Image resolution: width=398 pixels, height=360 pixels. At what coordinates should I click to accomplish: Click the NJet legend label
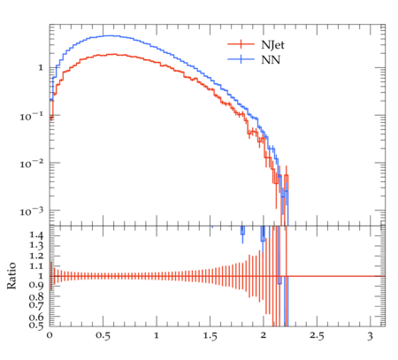[x=272, y=45]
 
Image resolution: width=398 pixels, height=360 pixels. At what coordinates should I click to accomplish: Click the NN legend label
[x=271, y=60]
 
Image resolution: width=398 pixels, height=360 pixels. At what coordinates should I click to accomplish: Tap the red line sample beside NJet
[x=241, y=44]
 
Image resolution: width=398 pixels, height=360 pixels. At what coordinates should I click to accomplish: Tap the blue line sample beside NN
[x=241, y=59]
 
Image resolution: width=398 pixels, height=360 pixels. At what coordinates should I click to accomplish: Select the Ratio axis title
[x=11, y=276]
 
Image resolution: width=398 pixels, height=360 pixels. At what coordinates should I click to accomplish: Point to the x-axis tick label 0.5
[x=103, y=336]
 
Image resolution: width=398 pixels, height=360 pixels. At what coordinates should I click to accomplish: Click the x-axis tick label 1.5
[x=210, y=336]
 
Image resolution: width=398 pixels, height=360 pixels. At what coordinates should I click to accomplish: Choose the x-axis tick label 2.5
[x=317, y=336]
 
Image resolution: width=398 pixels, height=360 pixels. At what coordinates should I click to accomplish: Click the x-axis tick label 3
[x=370, y=336]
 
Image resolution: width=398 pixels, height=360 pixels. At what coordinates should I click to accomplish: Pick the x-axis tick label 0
[x=50, y=335]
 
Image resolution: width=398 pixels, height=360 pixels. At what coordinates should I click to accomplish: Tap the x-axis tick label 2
[x=264, y=335]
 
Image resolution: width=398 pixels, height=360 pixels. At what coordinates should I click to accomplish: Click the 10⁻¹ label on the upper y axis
[x=31, y=116]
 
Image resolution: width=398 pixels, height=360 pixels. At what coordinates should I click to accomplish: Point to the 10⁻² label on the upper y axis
[x=31, y=164]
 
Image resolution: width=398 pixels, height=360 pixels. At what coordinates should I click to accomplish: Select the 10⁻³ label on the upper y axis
[x=31, y=211]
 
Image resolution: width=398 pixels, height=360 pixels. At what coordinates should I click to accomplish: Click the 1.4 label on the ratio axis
[x=36, y=235]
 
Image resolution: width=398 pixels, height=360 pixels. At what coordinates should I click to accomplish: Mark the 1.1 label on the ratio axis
[x=36, y=266]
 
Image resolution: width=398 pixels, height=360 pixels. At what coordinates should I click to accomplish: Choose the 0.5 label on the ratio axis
[x=36, y=326]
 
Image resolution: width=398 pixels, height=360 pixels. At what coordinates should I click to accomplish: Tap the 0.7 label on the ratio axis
[x=36, y=304]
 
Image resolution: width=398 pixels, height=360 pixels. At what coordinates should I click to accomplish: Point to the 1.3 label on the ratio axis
[x=36, y=246]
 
